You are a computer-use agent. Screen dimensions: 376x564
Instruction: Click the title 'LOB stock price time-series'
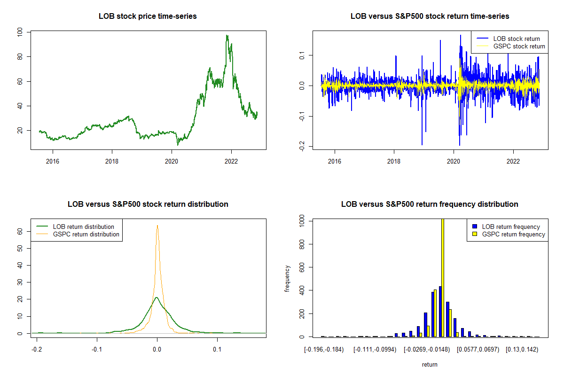point(148,16)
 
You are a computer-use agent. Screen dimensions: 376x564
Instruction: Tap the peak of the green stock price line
point(227,35)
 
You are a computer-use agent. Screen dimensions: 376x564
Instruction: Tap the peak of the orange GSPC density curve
point(157,226)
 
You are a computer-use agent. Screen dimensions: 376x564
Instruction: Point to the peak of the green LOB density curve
point(157,298)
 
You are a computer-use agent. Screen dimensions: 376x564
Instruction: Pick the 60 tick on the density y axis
point(20,231)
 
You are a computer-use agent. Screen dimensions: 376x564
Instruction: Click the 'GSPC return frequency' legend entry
point(513,234)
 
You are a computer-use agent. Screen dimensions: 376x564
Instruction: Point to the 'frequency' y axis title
point(288,279)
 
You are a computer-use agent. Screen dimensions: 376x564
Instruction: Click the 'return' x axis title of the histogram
point(430,364)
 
